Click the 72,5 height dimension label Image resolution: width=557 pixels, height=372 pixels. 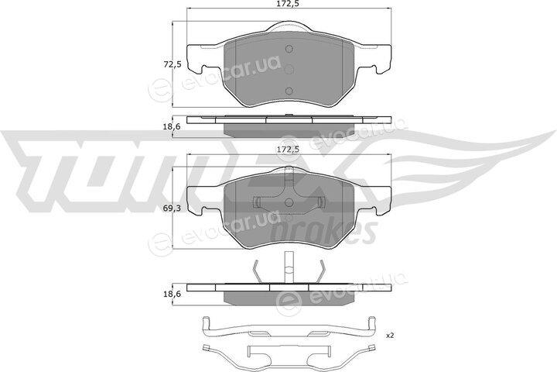point(173,65)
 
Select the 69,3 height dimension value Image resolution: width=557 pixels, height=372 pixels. point(173,208)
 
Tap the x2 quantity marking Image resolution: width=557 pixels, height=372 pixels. point(390,336)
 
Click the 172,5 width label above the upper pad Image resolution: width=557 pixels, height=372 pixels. point(289,4)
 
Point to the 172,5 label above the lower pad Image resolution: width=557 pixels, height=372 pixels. point(289,150)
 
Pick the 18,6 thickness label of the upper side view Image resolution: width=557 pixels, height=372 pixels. point(173,126)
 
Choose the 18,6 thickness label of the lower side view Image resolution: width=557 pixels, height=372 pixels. point(173,294)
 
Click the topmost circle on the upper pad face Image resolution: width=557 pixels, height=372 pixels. point(289,49)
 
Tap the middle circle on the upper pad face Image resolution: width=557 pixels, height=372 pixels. point(289,69)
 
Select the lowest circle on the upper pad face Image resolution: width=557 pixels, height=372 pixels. point(289,91)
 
